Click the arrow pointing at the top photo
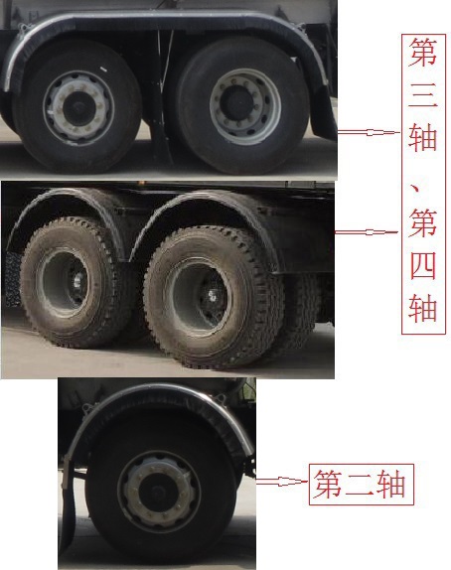tap(367, 131)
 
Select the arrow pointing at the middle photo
tap(367, 232)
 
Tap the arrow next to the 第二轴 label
tap(280, 483)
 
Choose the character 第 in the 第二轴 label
tap(328, 486)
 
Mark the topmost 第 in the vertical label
tap(422, 53)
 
